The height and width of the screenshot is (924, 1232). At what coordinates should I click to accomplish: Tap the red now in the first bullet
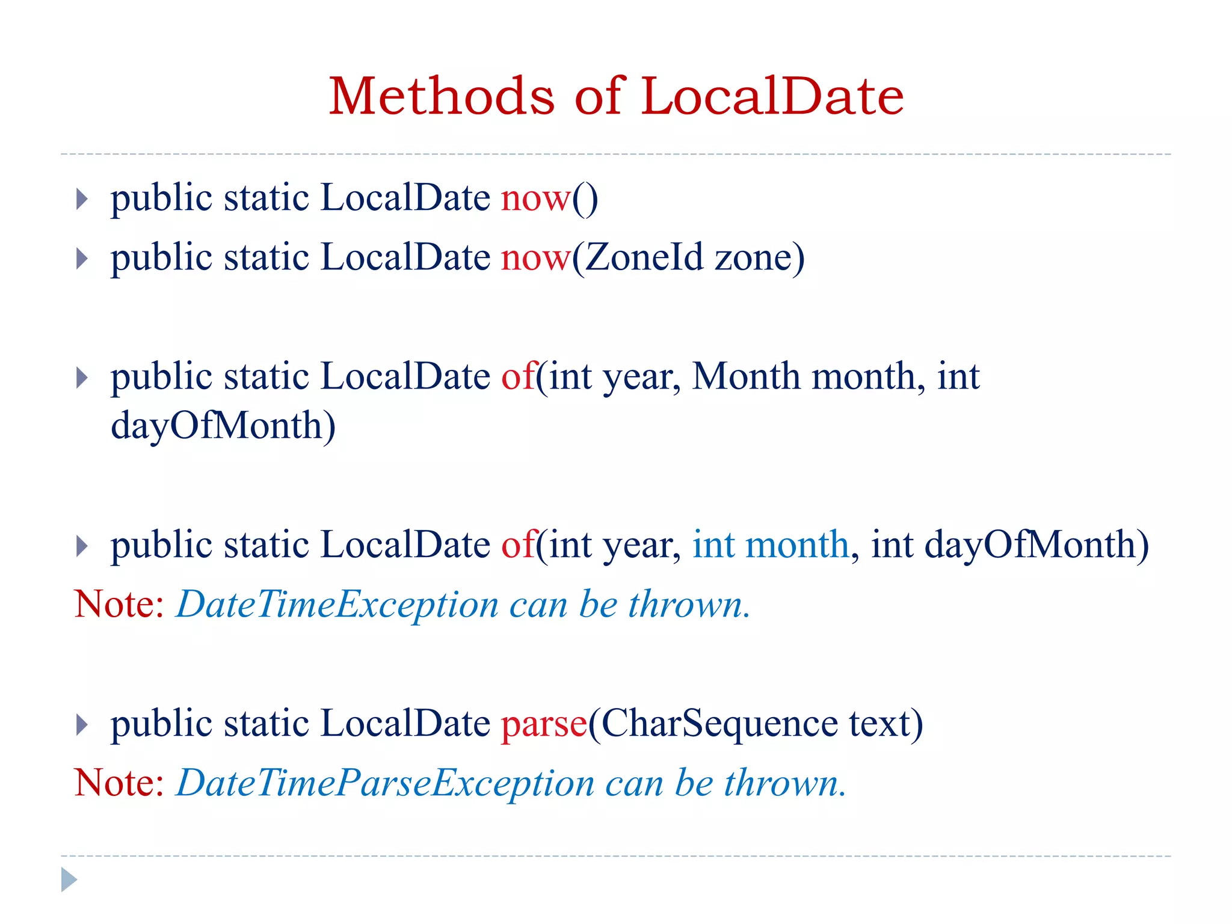point(535,198)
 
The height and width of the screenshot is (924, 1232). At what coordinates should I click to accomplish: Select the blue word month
point(797,545)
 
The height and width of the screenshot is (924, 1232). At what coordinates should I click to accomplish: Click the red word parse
point(544,724)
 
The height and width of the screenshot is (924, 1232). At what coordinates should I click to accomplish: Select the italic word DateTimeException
point(337,604)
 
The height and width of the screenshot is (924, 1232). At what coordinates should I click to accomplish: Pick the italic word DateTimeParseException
point(386,783)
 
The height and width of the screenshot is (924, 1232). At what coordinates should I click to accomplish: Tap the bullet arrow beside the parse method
point(82,725)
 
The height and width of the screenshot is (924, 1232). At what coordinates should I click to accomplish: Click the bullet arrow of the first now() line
point(82,199)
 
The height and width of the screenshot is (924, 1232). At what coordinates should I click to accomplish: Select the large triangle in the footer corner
point(69,879)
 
